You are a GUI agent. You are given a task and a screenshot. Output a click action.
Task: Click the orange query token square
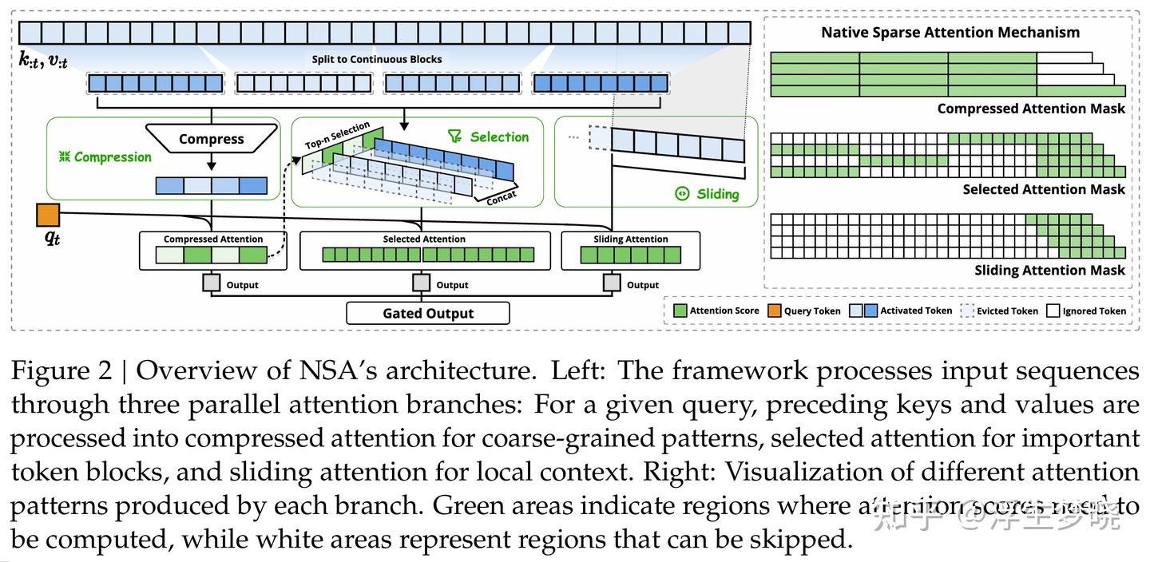(48, 215)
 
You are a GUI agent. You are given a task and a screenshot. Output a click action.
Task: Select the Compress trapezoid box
(211, 139)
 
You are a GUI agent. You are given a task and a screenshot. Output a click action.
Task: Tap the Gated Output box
(428, 313)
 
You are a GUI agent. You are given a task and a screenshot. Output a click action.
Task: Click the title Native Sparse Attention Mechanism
(950, 33)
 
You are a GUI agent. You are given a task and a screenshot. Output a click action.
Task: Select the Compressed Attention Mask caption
(1030, 109)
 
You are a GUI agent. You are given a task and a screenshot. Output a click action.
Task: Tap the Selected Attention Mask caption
(1043, 189)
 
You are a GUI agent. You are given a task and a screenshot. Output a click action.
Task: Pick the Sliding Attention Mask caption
(1049, 271)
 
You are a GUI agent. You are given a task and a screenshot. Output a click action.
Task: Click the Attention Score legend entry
(716, 311)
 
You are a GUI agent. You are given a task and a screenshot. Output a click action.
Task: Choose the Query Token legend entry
(803, 311)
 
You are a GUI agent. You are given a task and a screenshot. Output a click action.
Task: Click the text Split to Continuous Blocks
(376, 59)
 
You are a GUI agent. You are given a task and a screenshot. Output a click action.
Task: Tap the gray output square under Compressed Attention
(211, 283)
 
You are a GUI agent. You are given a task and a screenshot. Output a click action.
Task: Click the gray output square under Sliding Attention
(612, 283)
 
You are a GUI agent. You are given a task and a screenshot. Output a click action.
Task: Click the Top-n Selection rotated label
(337, 137)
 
